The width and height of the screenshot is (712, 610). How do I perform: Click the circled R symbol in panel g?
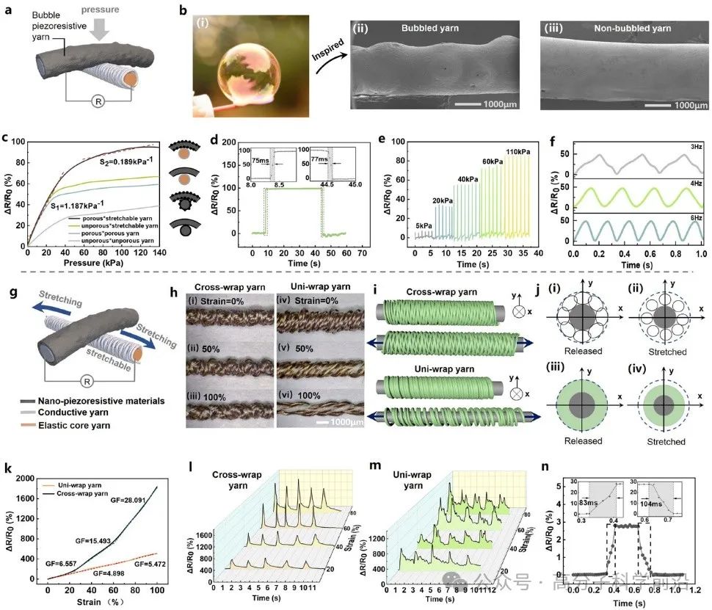106,382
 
